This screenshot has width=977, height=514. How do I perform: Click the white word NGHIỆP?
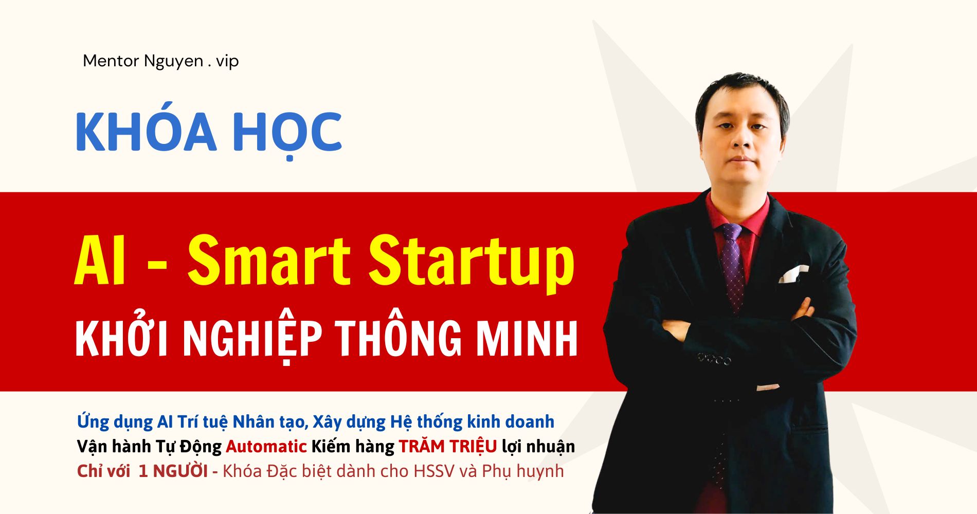(252, 339)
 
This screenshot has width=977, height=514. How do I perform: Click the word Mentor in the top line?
(111, 61)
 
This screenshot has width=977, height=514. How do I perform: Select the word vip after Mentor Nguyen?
(227, 62)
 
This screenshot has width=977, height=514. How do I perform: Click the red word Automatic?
(266, 446)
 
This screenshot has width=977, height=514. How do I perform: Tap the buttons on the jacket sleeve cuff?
(714, 359)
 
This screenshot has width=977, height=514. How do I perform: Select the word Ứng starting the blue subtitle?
(93, 421)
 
